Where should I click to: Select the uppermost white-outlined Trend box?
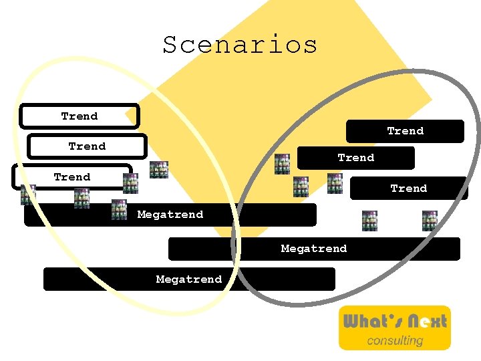click(x=79, y=116)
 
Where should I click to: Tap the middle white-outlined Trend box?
click(x=87, y=146)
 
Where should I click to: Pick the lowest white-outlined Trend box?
click(x=72, y=177)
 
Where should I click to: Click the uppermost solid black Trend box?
click(x=405, y=131)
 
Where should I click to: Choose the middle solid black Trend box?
click(x=356, y=158)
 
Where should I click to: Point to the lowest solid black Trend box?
click(x=408, y=189)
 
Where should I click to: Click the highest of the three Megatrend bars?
click(x=170, y=215)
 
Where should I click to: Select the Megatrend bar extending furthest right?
click(x=314, y=249)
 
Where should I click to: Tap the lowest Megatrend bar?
click(x=189, y=279)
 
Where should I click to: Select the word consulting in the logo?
click(x=395, y=340)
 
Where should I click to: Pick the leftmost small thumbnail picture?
click(x=28, y=195)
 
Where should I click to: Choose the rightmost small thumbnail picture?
click(x=429, y=221)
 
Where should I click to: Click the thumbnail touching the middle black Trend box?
click(x=283, y=164)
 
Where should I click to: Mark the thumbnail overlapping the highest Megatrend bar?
click(x=119, y=209)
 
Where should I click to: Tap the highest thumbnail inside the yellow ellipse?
click(x=159, y=170)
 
